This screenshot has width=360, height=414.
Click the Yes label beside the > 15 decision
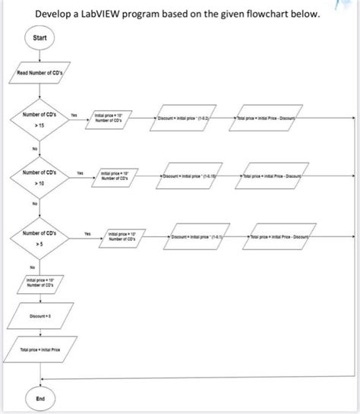tap(74, 114)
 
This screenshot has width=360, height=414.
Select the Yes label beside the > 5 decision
tap(87, 232)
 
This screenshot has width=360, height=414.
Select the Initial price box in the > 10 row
tap(113, 176)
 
